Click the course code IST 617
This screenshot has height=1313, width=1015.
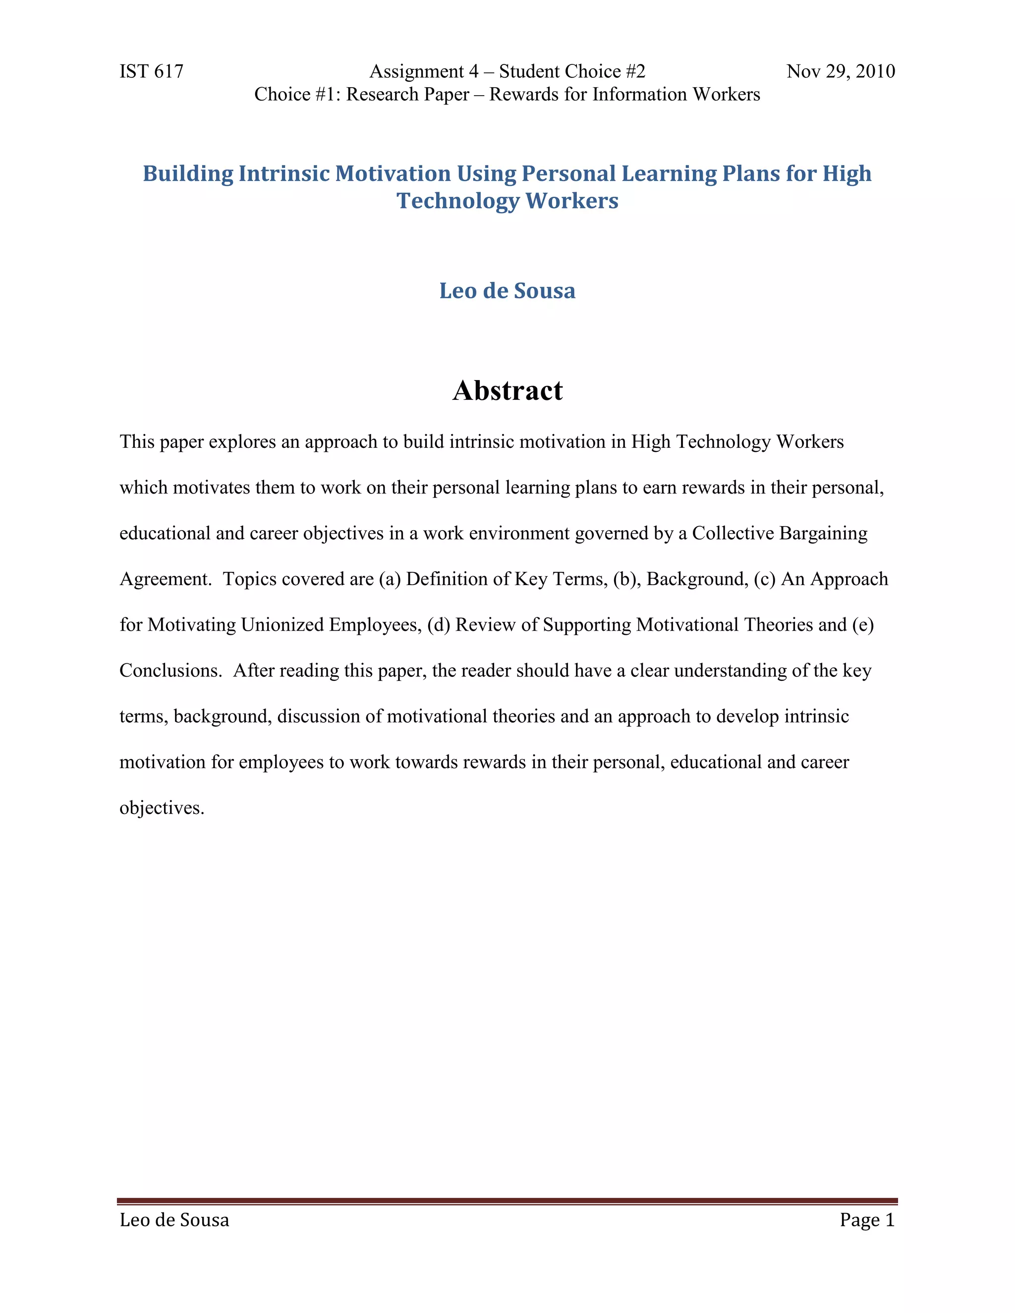[x=151, y=71]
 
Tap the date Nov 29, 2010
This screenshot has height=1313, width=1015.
[x=840, y=71]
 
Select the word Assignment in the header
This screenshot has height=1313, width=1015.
[x=416, y=71]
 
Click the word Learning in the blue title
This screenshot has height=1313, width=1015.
[x=669, y=174]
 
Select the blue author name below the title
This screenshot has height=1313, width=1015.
[x=507, y=291]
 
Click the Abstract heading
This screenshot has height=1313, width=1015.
[x=507, y=391]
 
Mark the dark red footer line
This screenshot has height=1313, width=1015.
[x=507, y=1201]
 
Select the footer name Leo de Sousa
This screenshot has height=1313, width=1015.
[x=174, y=1220]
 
